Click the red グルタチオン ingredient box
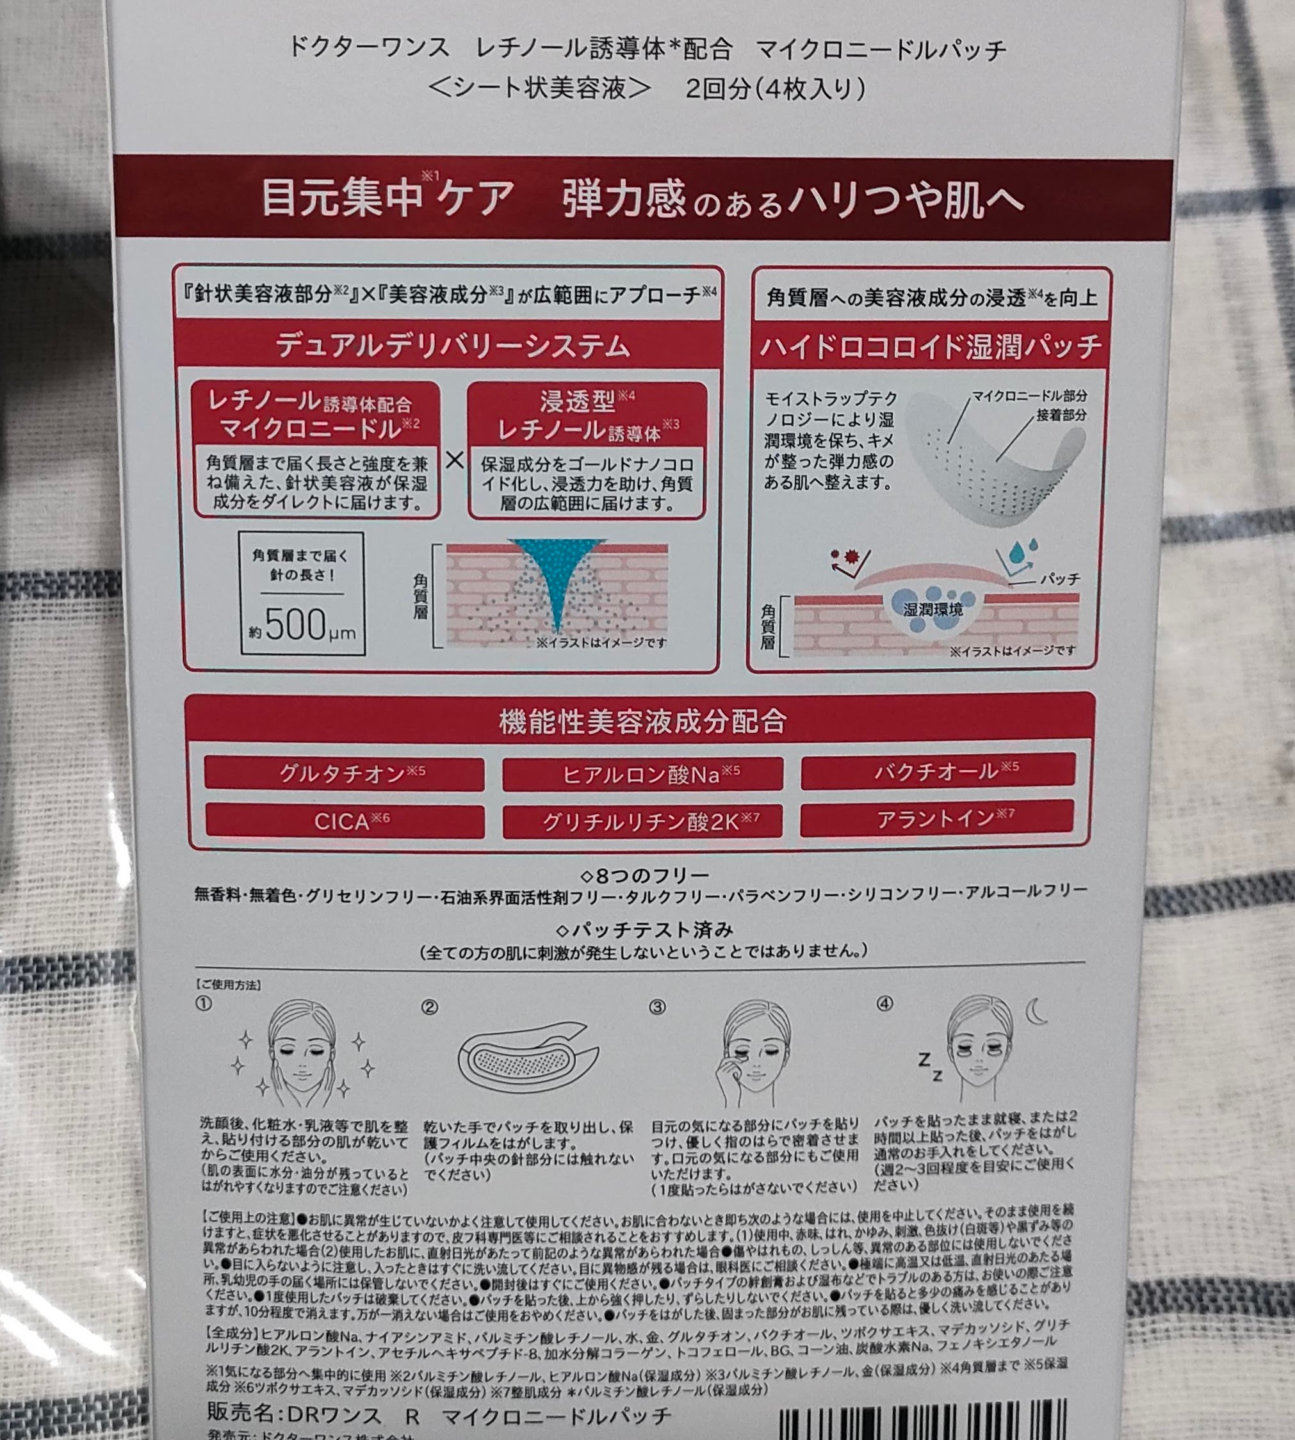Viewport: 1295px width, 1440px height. tap(344, 773)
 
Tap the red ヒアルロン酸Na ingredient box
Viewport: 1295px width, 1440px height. tap(642, 774)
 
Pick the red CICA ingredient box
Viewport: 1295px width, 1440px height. tap(345, 821)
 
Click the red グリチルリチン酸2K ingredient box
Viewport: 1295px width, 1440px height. tap(642, 821)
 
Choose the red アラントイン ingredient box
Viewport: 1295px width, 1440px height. tap(936, 818)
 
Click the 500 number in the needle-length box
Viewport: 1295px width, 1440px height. tap(295, 625)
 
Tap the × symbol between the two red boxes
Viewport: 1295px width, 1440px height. tap(454, 460)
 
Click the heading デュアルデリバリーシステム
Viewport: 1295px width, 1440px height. tap(453, 346)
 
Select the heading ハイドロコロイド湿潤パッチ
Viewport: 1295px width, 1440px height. tap(931, 346)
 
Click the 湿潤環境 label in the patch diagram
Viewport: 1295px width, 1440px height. tap(933, 609)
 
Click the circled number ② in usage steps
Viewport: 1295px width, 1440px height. tap(429, 1007)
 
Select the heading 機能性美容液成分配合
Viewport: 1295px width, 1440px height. tap(642, 722)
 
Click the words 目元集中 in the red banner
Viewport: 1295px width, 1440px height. tap(342, 198)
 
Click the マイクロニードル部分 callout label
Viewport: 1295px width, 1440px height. tap(1029, 396)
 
